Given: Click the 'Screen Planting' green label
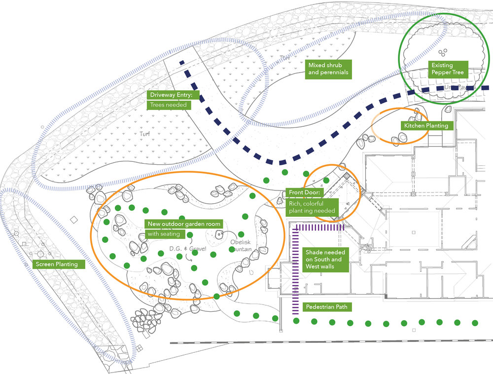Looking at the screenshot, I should point(56,264).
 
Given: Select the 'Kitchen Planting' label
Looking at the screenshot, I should point(426,126).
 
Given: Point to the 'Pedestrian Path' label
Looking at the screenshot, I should point(326,307).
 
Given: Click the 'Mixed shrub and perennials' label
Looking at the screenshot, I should point(328,69).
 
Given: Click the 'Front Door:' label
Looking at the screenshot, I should point(304,192).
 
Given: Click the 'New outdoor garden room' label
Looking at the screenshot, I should point(184,224).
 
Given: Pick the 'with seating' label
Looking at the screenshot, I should point(163,233).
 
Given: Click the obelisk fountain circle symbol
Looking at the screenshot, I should point(218,233).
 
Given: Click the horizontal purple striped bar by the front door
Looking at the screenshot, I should point(319,227).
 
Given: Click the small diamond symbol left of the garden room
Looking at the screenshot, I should point(74,219).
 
